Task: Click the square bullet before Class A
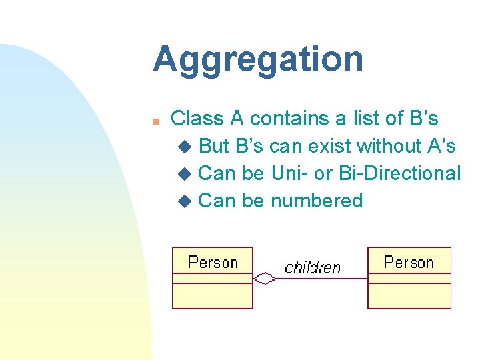click(155, 121)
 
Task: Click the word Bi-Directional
click(399, 173)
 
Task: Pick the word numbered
click(317, 200)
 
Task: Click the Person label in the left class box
click(213, 262)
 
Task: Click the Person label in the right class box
click(409, 262)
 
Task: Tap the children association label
click(312, 267)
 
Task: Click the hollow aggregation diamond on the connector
click(265, 278)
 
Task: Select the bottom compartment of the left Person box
click(213, 296)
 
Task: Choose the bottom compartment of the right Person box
click(409, 296)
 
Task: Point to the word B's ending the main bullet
click(421, 119)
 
